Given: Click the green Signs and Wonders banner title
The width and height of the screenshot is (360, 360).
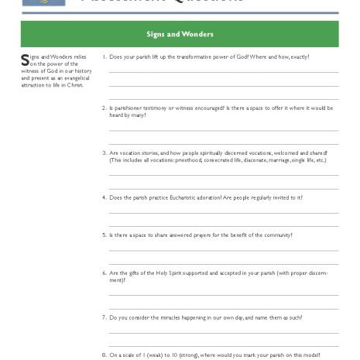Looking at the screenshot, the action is [180, 34].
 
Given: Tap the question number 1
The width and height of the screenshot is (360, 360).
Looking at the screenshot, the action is [105, 57].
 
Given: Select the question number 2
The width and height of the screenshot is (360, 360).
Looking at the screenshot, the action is [105, 108].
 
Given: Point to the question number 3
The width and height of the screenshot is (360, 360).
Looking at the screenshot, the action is [105, 153].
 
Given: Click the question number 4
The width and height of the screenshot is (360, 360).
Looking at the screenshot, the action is [105, 197].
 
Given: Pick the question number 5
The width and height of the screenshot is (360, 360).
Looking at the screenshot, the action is [105, 235].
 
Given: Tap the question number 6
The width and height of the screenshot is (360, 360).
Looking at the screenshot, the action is [105, 273].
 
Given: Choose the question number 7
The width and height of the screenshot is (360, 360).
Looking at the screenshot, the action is [105, 317].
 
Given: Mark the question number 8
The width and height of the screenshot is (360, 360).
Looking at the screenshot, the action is [105, 355].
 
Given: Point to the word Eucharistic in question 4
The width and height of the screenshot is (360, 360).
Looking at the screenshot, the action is [174, 197].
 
